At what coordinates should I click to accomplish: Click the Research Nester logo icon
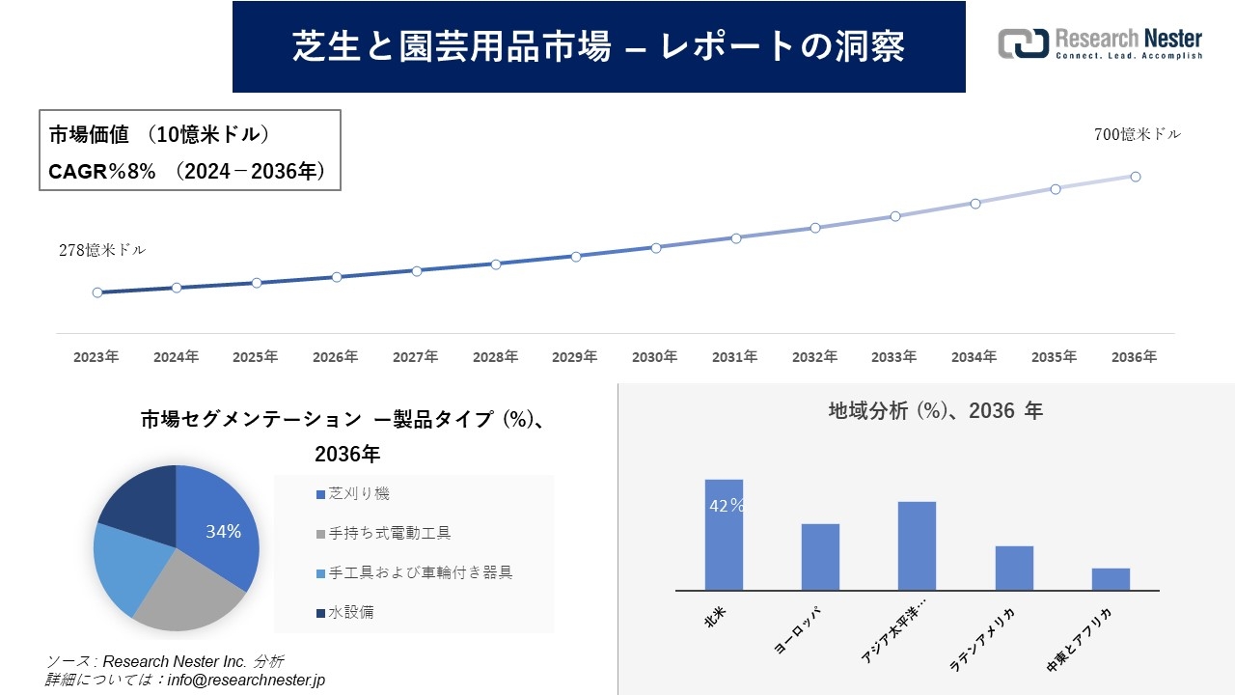click(1023, 43)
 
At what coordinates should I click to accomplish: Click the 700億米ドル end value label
click(1137, 135)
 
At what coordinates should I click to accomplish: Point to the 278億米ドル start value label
click(102, 250)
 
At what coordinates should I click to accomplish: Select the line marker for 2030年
click(656, 248)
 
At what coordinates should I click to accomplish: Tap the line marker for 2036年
click(1136, 177)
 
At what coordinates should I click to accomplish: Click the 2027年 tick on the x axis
click(416, 357)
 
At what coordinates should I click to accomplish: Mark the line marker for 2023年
click(97, 292)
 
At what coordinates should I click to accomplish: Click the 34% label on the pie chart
click(223, 532)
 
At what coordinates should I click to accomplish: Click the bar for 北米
click(724, 535)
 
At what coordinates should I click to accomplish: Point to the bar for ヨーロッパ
click(820, 557)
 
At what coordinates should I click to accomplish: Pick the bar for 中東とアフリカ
click(1111, 579)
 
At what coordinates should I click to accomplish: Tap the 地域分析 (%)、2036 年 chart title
click(935, 411)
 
